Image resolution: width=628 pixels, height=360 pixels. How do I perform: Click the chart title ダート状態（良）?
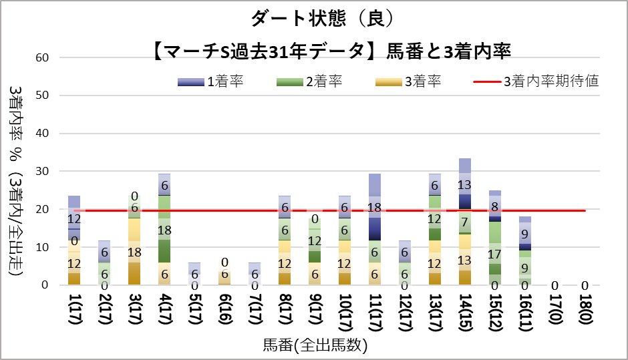[x=314, y=18]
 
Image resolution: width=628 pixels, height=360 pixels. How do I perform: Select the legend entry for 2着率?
[x=309, y=81]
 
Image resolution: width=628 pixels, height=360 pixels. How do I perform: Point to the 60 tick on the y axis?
[x=43, y=57]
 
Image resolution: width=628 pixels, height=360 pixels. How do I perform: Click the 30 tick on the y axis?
[x=43, y=172]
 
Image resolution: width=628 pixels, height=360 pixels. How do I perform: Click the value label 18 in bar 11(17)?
[x=375, y=208]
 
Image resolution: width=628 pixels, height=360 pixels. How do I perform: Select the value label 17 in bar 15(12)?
[x=495, y=254]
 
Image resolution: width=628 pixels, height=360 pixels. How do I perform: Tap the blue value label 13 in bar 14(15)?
[x=466, y=185]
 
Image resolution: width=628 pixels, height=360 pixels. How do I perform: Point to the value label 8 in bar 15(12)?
[x=495, y=206]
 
